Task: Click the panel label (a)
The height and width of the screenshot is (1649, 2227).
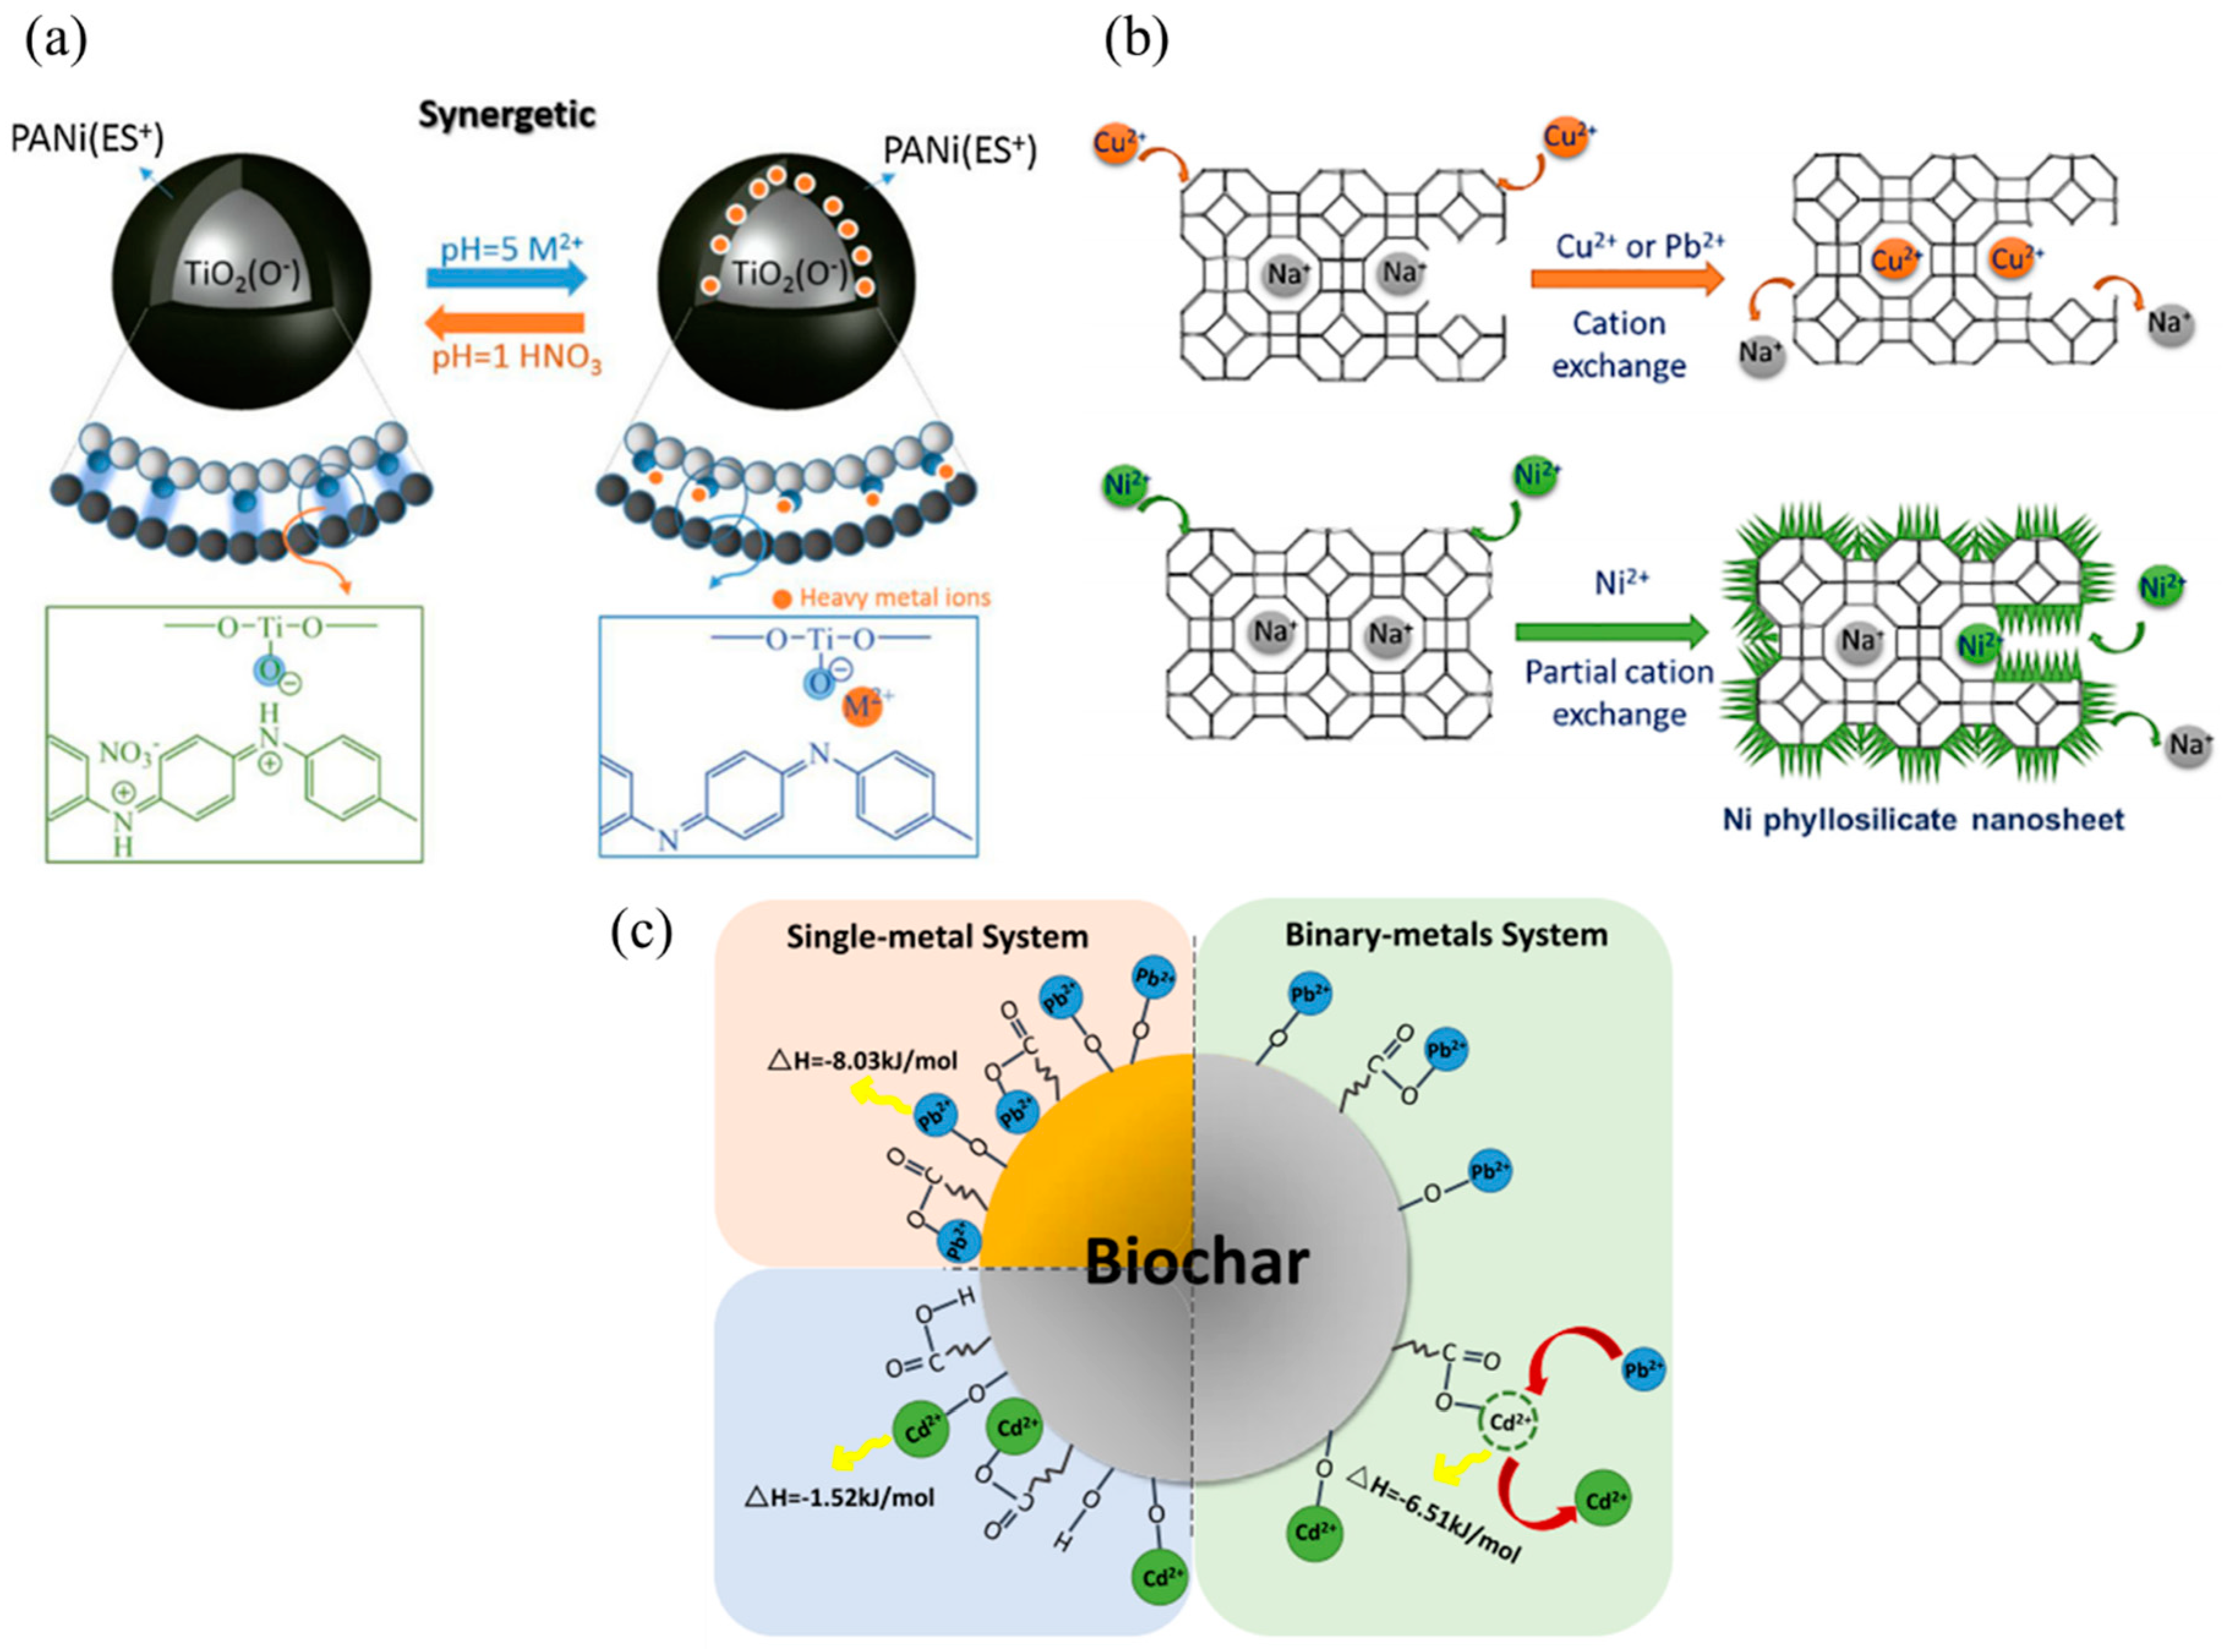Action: coord(56,42)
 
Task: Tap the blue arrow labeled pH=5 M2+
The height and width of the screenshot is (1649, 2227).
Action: coord(507,278)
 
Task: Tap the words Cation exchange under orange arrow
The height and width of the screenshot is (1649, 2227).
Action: coord(1618,344)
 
